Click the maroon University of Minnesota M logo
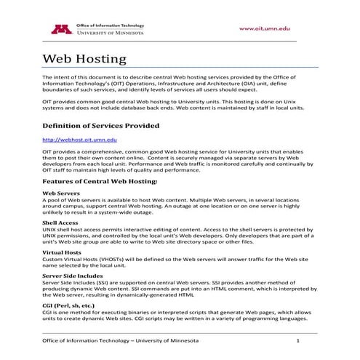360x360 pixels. (x=57, y=29)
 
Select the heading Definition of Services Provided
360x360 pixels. (x=100, y=126)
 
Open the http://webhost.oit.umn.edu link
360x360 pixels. (x=80, y=139)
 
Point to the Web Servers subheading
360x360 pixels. (x=61, y=193)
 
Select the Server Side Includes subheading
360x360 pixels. (x=73, y=276)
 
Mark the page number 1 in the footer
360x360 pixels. (x=298, y=340)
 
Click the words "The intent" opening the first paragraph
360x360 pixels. (x=55, y=76)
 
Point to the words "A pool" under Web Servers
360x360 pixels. (x=52, y=201)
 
